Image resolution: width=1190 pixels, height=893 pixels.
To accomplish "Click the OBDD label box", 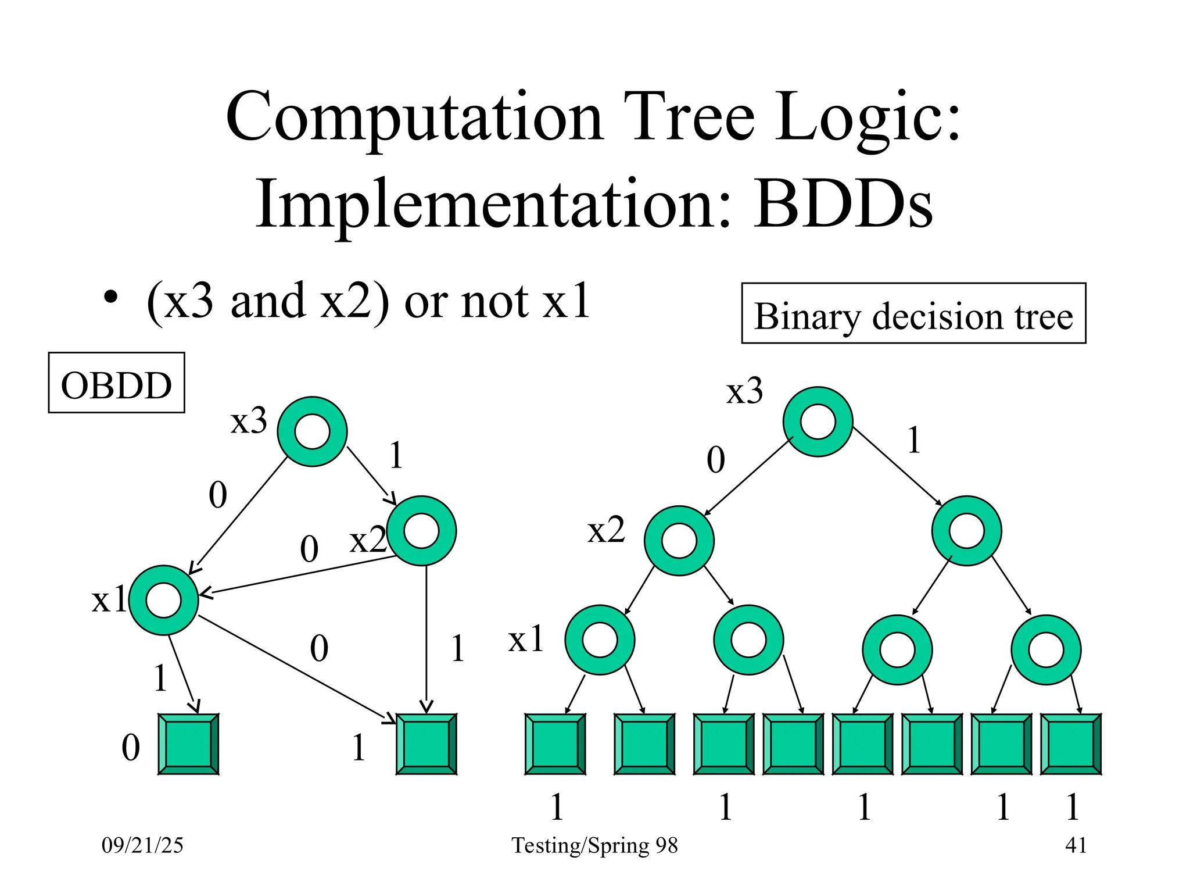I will point(116,383).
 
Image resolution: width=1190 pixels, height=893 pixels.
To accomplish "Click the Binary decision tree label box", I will point(913,314).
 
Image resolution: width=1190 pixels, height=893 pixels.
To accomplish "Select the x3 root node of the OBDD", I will point(312,431).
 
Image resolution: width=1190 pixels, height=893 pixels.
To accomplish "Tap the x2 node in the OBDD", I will point(421,530).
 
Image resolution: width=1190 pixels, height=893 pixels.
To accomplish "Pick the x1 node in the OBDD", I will point(164,600).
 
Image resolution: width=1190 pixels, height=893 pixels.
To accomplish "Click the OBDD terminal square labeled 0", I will point(188,744).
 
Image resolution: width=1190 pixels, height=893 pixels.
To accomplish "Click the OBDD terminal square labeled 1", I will point(426,744).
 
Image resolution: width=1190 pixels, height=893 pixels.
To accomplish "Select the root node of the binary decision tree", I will point(818,422).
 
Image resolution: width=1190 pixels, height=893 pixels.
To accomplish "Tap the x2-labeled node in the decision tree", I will point(679,541).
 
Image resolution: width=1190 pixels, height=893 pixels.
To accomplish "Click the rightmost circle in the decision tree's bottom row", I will point(1045,649).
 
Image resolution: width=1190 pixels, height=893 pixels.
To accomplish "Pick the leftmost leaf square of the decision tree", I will point(555,744).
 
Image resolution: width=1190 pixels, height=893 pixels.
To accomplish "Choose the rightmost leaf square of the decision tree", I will point(1070,744).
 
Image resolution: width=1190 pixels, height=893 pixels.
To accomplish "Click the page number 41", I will point(1076,845).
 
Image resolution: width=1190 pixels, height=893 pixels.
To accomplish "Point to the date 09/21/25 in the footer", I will point(142,845).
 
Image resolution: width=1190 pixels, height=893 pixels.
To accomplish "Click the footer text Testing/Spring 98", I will point(594,845).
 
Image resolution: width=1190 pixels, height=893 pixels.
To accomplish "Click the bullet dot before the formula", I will point(110,298).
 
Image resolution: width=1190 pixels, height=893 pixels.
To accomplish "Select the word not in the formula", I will point(494,302).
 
